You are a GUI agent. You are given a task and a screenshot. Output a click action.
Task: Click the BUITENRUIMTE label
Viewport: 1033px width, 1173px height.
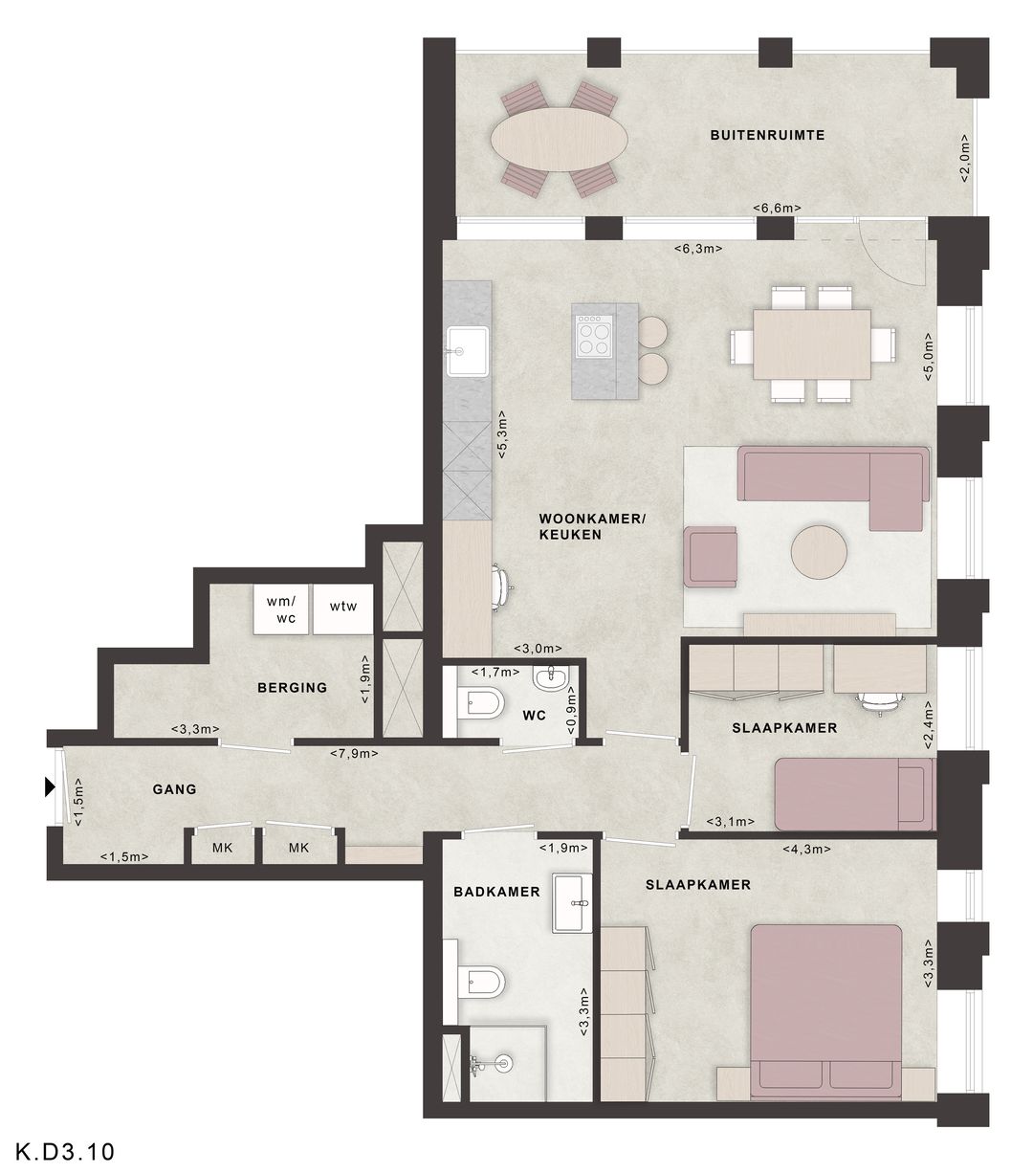pos(767,136)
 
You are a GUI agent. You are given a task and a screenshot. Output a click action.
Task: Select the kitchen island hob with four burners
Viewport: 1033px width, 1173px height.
pos(594,335)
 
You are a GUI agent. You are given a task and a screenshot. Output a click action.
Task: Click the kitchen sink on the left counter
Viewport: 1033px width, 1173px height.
pos(467,351)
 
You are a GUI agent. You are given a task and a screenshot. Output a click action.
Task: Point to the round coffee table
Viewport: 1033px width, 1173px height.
pos(819,552)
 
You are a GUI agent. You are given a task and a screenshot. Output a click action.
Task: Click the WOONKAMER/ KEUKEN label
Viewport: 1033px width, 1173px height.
pos(592,526)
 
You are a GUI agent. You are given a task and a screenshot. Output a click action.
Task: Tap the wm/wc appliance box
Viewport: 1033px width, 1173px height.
pos(281,609)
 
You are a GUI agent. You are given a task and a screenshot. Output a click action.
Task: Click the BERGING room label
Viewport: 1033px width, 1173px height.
pos(293,688)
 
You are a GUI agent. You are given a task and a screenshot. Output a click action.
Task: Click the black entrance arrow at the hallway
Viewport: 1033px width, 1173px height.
pos(51,787)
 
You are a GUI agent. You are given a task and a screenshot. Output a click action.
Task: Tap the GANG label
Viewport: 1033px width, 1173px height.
pos(175,789)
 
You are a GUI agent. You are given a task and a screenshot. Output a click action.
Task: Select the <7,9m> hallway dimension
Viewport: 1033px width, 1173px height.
pos(354,753)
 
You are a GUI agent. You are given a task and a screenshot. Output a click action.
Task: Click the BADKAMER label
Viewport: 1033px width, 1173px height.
pos(497,892)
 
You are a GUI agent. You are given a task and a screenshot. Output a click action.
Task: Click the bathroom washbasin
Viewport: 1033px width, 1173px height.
pos(572,903)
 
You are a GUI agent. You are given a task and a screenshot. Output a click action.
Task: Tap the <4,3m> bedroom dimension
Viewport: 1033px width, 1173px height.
pos(806,850)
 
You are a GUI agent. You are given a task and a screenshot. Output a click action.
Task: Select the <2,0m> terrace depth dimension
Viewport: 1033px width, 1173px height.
pos(965,159)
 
